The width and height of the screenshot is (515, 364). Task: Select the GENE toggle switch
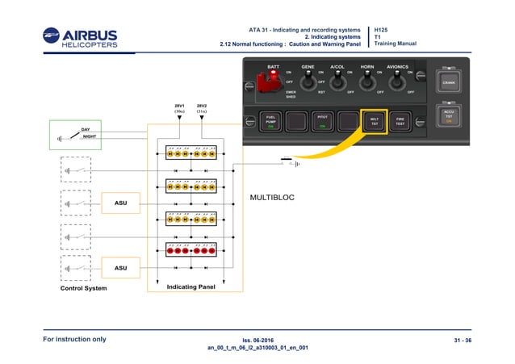(x=308, y=81)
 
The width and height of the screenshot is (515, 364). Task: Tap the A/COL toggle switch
(x=337, y=81)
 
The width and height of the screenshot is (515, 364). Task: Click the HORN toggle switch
(x=367, y=81)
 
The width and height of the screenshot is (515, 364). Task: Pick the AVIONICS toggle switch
(x=397, y=81)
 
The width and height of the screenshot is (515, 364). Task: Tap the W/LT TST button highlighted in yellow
(x=374, y=122)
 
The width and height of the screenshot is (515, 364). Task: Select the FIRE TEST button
(x=400, y=122)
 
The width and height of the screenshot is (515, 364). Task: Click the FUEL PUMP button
(x=271, y=122)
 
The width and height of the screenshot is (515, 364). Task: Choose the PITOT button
(x=322, y=122)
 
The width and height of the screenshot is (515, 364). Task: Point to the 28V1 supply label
(x=179, y=108)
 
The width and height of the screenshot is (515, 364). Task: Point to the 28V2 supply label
(x=202, y=108)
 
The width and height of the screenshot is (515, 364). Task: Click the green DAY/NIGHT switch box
(x=75, y=135)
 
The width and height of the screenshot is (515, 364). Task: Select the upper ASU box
(x=120, y=203)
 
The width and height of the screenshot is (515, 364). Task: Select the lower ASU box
(x=120, y=267)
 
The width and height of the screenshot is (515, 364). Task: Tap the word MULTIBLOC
(x=275, y=197)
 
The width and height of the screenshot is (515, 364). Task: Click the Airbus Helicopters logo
(x=81, y=38)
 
